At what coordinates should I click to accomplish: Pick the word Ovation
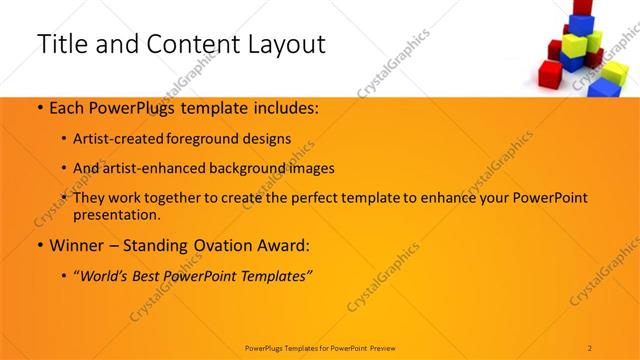click(221, 244)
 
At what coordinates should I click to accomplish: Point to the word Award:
click(282, 244)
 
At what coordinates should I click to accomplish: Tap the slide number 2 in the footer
click(590, 347)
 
